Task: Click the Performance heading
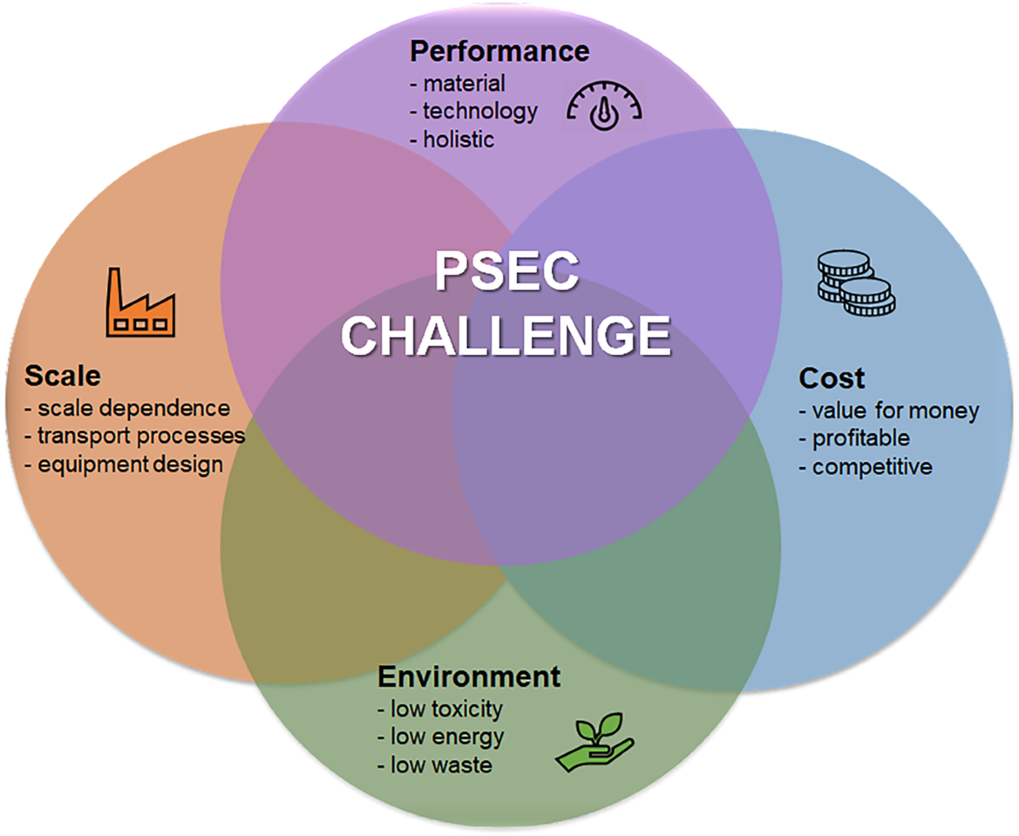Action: click(498, 51)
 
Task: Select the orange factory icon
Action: click(141, 302)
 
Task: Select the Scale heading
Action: click(63, 376)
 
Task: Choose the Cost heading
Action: click(831, 377)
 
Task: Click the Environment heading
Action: click(469, 677)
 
